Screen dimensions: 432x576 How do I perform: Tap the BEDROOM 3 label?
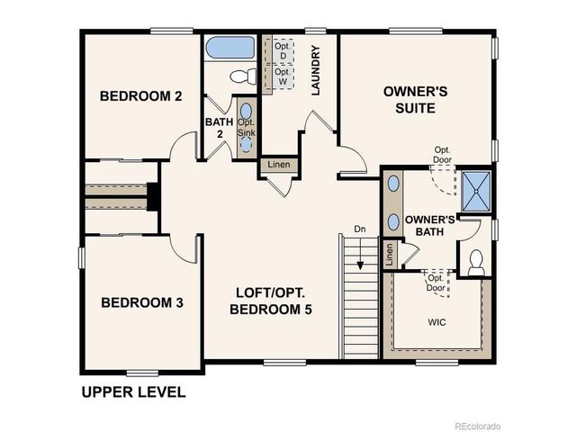(141, 303)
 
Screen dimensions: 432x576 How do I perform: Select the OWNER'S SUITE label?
(409, 99)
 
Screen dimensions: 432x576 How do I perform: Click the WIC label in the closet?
(437, 321)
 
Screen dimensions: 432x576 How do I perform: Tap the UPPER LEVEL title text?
(133, 392)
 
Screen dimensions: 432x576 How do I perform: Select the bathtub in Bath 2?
(230, 48)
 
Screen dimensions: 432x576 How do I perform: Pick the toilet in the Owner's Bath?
(477, 261)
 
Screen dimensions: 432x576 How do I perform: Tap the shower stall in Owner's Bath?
(476, 189)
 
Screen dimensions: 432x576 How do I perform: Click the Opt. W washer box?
(283, 76)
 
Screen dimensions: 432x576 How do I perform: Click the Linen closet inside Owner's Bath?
(389, 254)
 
